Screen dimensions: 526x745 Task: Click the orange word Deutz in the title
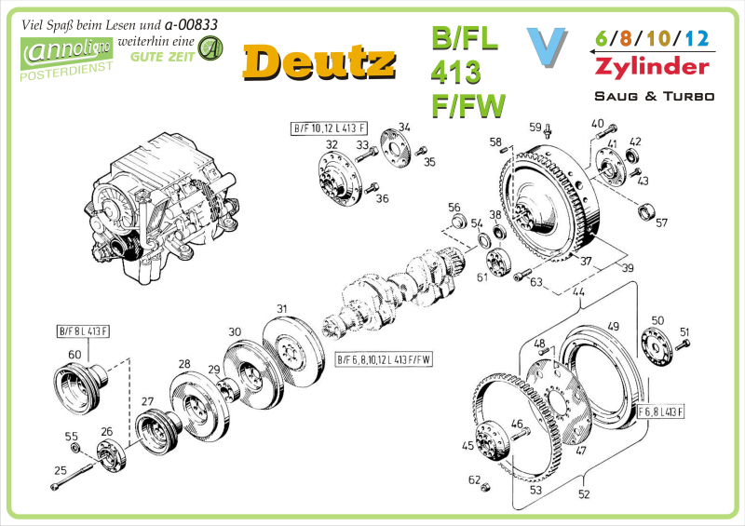(x=317, y=61)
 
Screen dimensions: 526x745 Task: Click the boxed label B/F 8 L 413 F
(x=84, y=331)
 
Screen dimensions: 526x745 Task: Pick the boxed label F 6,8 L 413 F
(x=660, y=411)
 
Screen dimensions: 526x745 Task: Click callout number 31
(x=281, y=308)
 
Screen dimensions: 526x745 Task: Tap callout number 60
(x=74, y=354)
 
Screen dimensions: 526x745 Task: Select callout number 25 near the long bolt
(x=61, y=470)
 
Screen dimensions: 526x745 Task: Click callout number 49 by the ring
(x=613, y=326)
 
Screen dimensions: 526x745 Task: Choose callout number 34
(x=404, y=127)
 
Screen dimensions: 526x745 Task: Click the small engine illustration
(x=158, y=209)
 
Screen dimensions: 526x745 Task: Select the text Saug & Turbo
(x=654, y=96)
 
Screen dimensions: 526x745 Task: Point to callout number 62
(x=474, y=479)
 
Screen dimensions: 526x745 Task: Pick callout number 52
(x=584, y=494)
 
